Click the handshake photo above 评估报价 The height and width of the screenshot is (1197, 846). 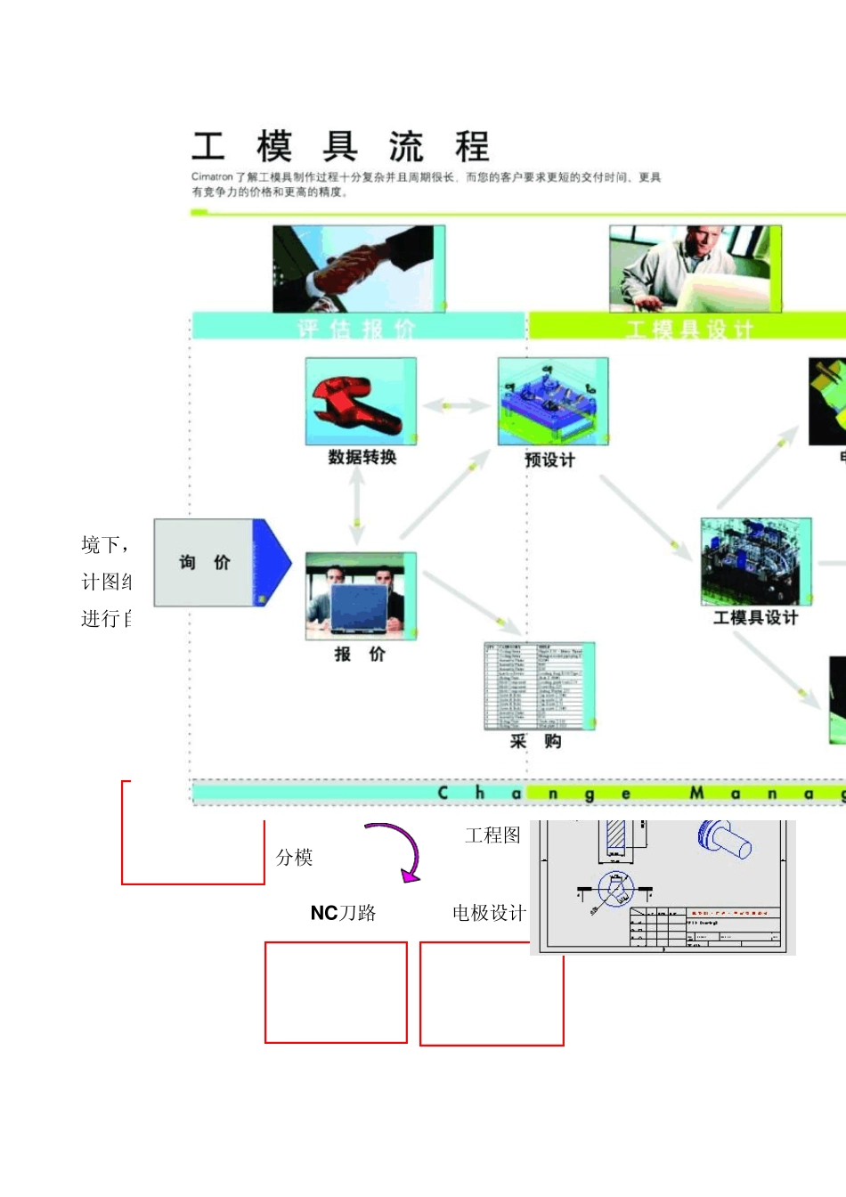coord(359,268)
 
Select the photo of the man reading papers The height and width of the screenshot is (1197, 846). coord(695,268)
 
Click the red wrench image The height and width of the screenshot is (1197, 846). coord(361,402)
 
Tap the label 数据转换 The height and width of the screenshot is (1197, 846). coord(362,457)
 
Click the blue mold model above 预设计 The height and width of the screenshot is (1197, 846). coord(553,402)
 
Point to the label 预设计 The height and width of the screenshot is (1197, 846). coord(549,460)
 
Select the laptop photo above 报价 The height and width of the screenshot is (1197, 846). coord(361,596)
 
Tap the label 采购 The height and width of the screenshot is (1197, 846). coord(535,741)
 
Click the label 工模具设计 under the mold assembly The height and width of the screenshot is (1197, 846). coord(755,617)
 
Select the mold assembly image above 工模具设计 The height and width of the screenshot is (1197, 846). coord(756,561)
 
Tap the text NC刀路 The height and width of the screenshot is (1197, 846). coord(343,913)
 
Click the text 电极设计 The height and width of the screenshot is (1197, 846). coord(489,913)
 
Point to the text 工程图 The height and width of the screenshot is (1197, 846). coord(492,835)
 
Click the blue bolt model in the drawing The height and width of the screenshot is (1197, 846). coord(725,839)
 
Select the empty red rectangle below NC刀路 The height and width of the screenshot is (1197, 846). coord(336,992)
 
